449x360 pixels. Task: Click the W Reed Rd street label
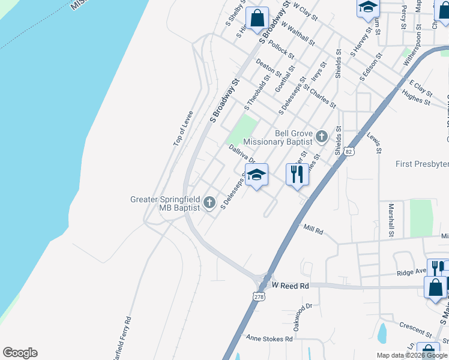290,286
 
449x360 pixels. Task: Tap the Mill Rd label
313,229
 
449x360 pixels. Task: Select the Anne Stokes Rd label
269,339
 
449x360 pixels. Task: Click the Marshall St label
391,220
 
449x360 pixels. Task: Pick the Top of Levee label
182,128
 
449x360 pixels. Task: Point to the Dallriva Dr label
242,154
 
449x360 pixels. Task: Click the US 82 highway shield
349,152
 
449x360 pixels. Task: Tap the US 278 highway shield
259,296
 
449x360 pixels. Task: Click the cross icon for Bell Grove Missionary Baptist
322,137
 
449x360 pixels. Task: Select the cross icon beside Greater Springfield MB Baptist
209,202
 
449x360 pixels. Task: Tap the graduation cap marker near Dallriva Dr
256,176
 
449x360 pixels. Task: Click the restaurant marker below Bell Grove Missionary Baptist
297,175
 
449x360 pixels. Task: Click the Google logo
20,353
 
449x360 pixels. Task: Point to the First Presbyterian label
422,164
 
